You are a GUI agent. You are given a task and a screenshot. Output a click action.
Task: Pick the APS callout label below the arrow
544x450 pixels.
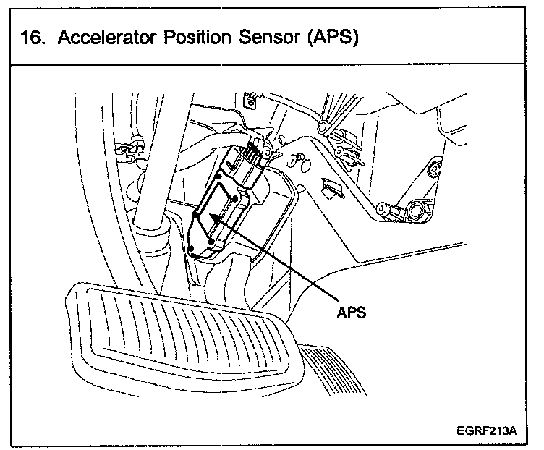pos(350,313)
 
